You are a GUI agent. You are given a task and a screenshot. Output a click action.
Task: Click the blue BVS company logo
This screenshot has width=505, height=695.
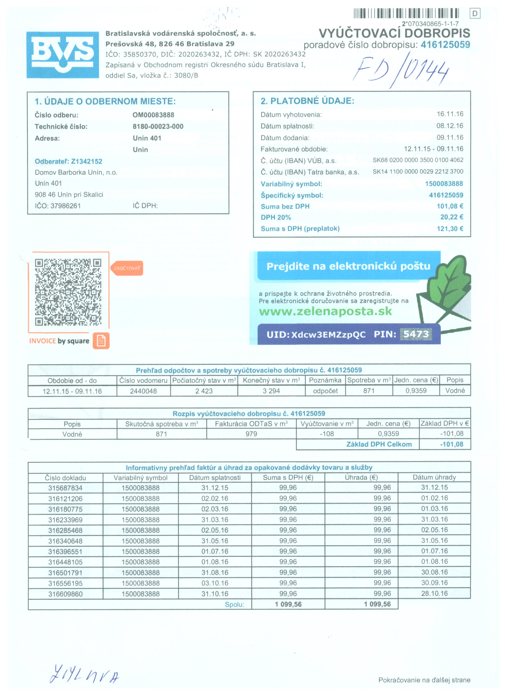63,54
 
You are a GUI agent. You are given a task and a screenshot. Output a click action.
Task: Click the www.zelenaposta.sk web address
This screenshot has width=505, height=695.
325,311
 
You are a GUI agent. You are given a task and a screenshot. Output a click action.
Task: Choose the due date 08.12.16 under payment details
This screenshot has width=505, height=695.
450,126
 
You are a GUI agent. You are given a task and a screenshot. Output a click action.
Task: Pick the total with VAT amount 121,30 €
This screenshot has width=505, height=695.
450,229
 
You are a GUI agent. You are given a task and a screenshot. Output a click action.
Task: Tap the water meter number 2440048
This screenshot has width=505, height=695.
143,391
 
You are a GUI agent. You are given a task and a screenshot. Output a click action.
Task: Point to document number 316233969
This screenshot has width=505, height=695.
65,520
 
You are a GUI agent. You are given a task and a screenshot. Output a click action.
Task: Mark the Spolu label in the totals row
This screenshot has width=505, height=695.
234,604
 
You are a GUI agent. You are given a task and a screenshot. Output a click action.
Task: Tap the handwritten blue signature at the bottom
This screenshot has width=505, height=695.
84,674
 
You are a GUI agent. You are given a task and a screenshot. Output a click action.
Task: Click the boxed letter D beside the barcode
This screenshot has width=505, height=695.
475,13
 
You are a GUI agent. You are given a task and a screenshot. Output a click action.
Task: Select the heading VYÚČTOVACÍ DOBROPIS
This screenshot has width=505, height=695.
394,33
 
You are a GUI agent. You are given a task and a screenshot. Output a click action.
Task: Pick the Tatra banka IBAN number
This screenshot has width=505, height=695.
418,172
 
